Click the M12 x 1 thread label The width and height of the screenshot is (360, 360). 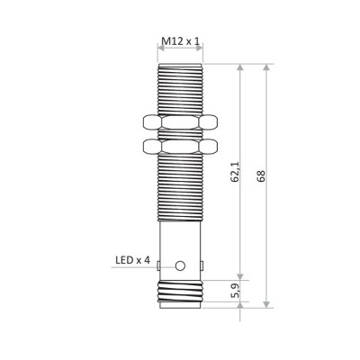(181, 41)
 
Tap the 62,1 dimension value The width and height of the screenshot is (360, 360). (234, 171)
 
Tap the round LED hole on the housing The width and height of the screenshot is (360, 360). (181, 265)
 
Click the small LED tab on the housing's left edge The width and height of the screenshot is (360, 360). (158, 265)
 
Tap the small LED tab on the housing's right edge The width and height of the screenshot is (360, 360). (203, 265)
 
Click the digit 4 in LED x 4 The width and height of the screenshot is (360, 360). (147, 262)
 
